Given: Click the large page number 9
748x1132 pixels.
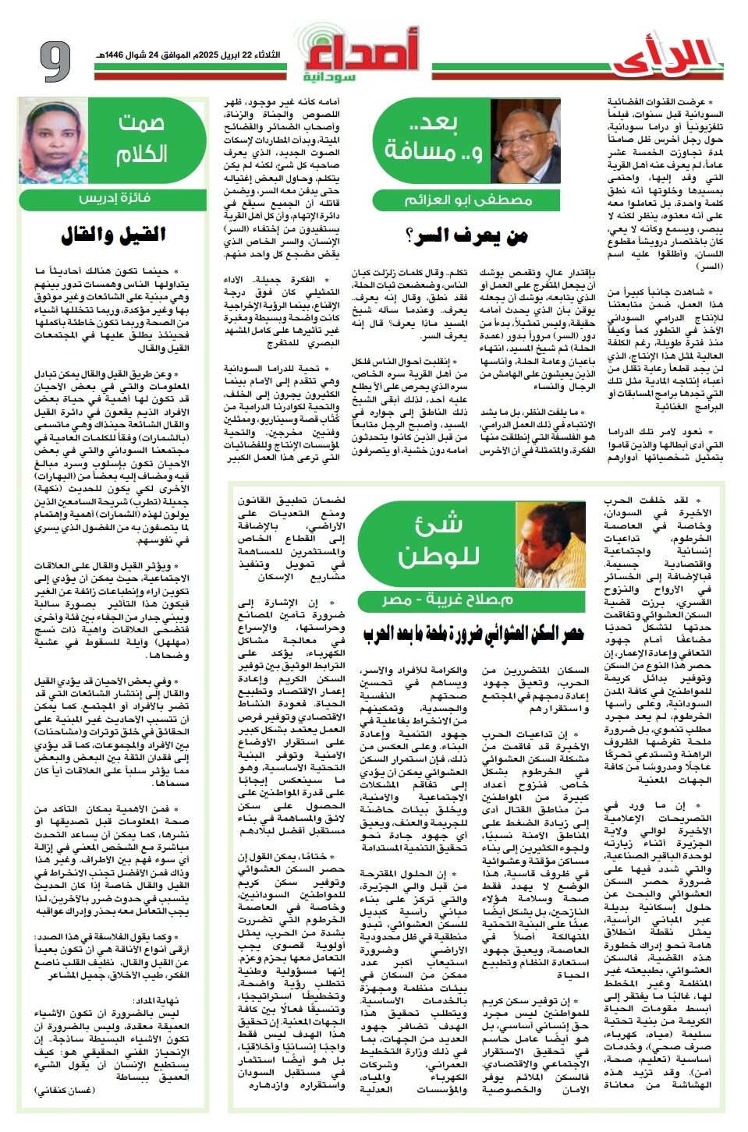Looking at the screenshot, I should coord(55,61).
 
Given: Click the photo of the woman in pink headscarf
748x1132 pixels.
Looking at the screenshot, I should coord(53,141).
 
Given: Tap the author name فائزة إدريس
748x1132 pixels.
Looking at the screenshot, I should coord(113,198).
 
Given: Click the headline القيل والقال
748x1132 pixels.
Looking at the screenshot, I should coord(113,234).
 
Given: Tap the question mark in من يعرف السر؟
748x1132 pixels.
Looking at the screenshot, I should coord(410,236).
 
